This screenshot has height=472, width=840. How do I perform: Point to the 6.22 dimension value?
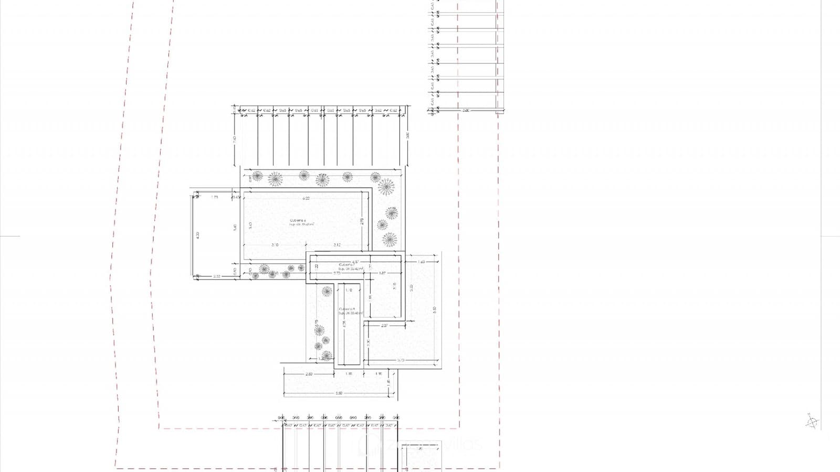[306, 198]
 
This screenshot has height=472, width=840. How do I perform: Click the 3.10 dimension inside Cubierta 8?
[275, 245]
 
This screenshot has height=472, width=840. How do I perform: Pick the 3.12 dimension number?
[337, 245]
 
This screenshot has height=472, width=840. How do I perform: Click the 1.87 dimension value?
[382, 273]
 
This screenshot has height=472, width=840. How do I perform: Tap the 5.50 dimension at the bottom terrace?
[339, 393]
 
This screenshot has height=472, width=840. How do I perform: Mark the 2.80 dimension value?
[309, 374]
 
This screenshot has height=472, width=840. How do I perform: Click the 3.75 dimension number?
[401, 360]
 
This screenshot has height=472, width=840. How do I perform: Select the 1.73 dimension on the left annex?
[214, 197]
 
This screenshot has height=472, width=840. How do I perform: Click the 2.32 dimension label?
[217, 276]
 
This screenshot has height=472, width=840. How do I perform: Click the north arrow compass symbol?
[812, 421]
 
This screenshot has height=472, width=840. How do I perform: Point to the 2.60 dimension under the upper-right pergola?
[465, 111]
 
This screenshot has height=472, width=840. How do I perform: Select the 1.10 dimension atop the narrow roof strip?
[349, 290]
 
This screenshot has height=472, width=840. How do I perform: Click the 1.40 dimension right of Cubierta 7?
[421, 262]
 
